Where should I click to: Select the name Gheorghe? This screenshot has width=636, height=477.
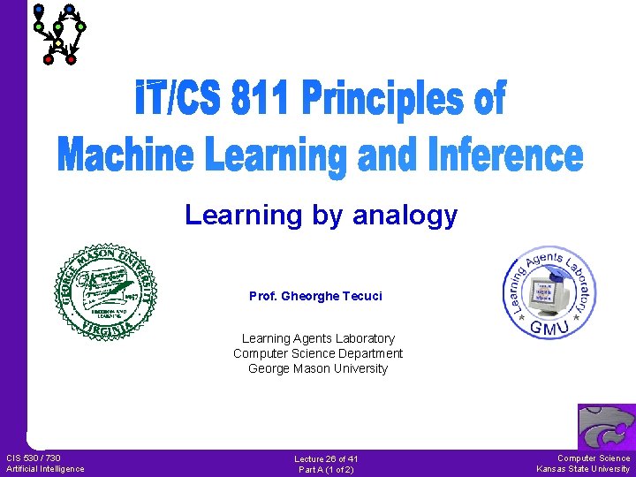[x=308, y=296]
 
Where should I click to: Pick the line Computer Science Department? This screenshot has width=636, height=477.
[x=318, y=353]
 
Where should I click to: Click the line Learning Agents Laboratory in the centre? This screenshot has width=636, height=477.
[x=318, y=338]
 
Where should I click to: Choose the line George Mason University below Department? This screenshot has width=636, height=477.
[x=318, y=368]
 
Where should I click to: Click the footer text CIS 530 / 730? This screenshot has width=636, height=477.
[x=34, y=458]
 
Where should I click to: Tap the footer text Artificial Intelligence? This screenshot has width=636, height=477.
[x=45, y=468]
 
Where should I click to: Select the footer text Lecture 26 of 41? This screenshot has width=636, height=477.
[x=326, y=458]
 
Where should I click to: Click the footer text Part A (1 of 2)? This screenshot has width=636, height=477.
[x=326, y=469]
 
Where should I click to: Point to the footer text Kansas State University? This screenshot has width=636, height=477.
[x=583, y=468]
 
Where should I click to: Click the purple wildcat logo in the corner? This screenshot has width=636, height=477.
[x=606, y=427]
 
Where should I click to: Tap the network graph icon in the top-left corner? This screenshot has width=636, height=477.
[x=58, y=34]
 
